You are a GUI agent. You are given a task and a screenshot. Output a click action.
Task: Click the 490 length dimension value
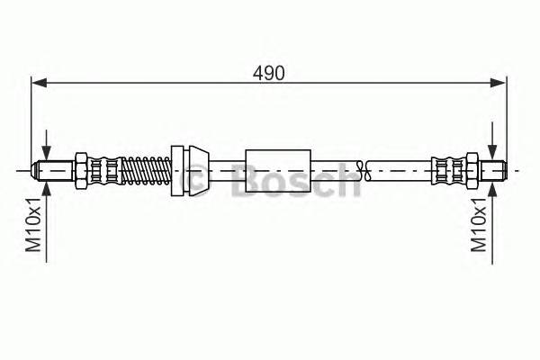click(269, 73)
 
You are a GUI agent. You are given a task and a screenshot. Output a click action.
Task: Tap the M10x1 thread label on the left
click(35, 230)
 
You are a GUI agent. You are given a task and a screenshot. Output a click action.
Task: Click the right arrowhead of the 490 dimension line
click(498, 84)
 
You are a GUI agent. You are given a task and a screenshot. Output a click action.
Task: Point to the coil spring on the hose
click(143, 168)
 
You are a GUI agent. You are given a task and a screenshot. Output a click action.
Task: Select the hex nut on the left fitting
click(81, 168)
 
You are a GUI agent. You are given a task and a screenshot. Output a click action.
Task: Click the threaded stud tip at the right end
click(494, 168)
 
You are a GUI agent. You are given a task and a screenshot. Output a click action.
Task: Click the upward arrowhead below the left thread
click(45, 186)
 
